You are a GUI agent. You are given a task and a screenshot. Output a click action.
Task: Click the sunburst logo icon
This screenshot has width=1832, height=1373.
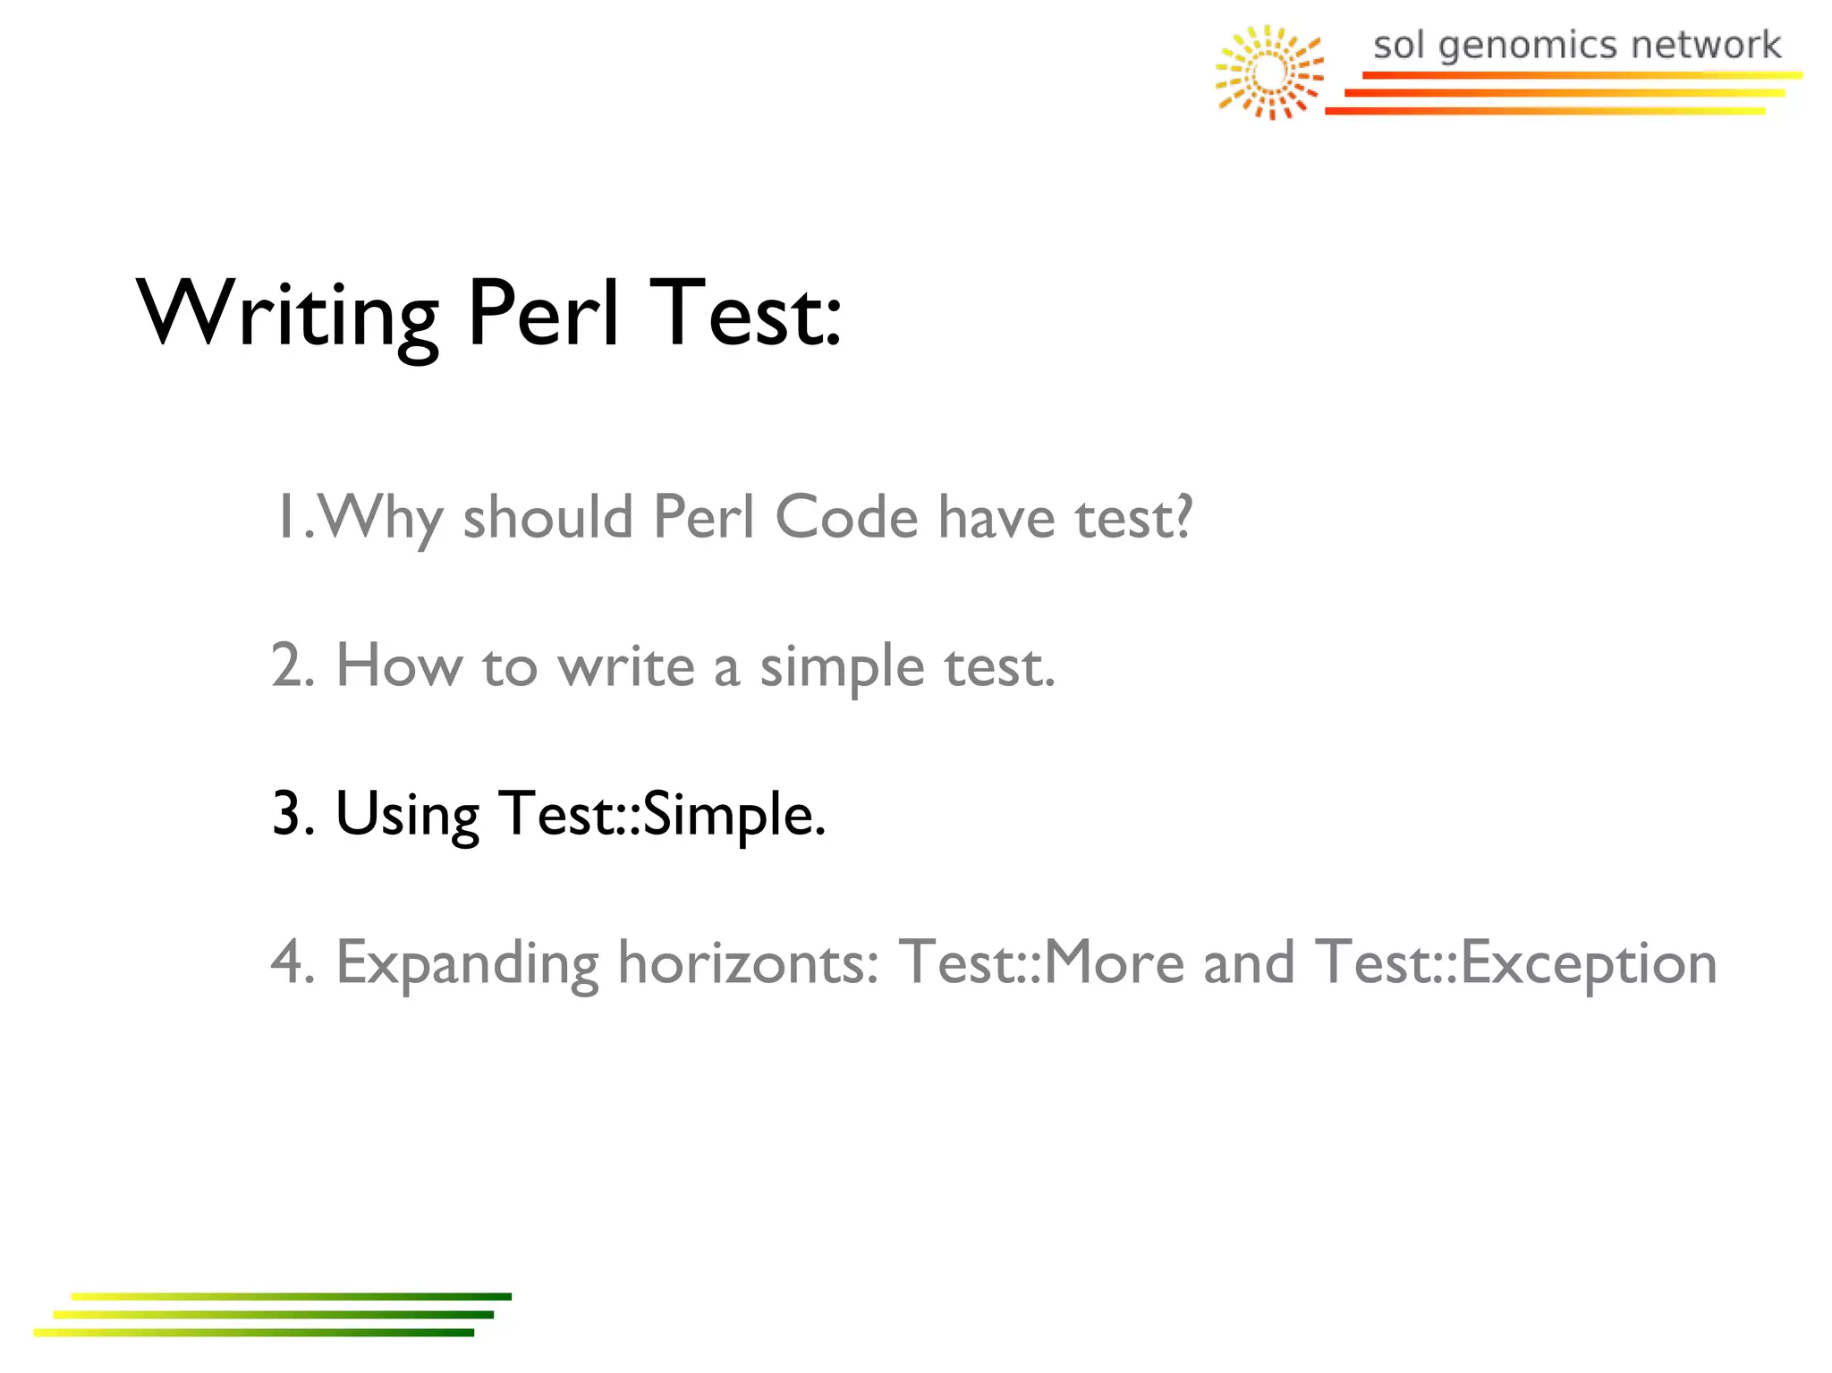(1269, 72)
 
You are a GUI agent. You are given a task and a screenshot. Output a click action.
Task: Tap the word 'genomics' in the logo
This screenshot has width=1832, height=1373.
(1529, 46)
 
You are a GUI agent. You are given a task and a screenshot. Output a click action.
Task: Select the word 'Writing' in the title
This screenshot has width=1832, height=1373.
(287, 315)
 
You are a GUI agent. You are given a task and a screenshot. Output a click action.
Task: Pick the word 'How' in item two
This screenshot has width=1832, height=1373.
(399, 665)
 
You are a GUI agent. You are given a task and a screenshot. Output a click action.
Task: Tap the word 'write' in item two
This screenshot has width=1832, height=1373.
(625, 667)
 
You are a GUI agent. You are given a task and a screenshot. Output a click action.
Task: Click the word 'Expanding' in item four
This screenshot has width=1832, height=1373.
(467, 964)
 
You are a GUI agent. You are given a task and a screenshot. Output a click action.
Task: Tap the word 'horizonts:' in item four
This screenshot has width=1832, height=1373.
(749, 962)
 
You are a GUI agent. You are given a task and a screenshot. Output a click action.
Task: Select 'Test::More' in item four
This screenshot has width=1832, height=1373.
(1041, 962)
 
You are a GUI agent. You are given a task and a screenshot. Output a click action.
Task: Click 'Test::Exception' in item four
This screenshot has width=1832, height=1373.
(1515, 964)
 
